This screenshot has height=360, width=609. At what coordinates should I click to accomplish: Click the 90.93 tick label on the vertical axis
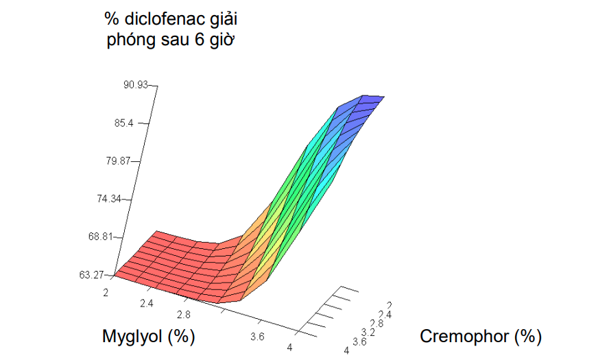(x=136, y=84)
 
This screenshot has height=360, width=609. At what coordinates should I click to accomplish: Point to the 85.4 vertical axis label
(x=123, y=123)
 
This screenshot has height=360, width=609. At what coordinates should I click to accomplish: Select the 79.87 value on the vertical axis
(x=119, y=160)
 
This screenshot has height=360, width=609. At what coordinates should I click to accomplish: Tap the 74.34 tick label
(x=109, y=199)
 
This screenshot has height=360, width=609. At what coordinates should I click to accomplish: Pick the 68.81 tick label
(x=100, y=237)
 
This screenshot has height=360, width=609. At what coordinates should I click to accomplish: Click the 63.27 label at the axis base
(x=91, y=275)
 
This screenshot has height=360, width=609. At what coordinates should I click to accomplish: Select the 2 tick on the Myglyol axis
(x=106, y=293)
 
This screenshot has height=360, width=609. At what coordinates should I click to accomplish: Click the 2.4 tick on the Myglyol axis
(x=147, y=303)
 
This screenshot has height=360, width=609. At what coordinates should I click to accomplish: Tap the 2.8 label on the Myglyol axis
(x=183, y=314)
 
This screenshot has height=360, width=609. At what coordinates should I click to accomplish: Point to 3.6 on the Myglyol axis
(x=257, y=336)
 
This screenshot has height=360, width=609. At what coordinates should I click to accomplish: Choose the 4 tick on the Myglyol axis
(x=289, y=347)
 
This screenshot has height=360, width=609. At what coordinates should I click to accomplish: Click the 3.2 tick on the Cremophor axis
(x=368, y=333)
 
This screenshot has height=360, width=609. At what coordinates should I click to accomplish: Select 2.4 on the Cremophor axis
(x=385, y=315)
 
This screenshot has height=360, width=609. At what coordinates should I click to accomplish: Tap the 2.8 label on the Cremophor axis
(x=377, y=324)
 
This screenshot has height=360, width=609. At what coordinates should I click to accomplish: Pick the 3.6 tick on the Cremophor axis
(x=359, y=341)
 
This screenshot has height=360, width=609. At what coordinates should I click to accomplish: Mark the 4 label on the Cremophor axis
(x=346, y=350)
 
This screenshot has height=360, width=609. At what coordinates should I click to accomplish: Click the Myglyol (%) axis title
(x=148, y=336)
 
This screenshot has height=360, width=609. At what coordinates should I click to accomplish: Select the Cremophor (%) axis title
(x=481, y=336)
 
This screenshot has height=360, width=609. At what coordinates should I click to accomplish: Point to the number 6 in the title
(x=200, y=40)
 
